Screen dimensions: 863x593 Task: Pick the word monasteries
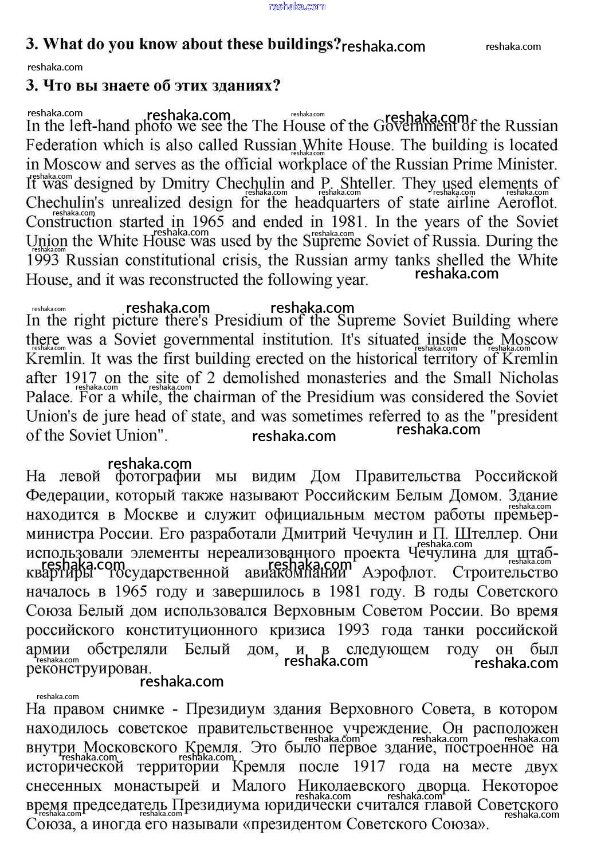[x=343, y=378]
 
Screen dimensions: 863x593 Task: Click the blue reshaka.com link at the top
[x=297, y=6]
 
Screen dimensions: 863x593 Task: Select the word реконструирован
[x=88, y=668]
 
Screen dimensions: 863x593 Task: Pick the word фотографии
[x=158, y=476]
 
